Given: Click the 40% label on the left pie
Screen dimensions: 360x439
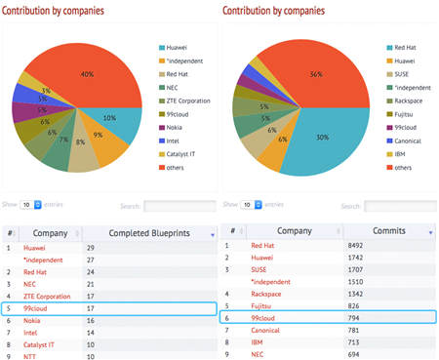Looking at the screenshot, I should click(88, 74).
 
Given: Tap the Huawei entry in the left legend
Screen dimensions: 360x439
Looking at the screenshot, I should click(177, 45).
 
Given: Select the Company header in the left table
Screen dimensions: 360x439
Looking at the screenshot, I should click(50, 233).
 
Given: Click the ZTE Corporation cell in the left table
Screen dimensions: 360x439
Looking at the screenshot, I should click(47, 296).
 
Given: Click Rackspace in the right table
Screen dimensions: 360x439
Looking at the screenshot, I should click(268, 292).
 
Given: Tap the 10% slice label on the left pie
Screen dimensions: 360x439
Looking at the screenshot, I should click(109, 117).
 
